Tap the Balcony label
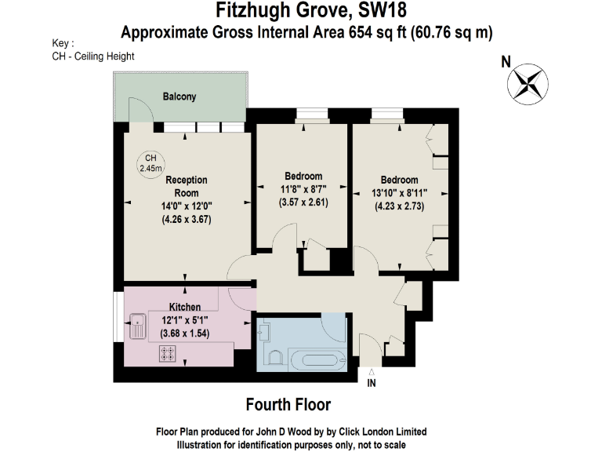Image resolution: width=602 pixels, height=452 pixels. point(180,97)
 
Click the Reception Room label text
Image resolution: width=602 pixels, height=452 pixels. point(187,186)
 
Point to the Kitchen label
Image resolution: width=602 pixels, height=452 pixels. point(185,306)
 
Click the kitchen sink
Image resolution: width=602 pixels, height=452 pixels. point(138,325)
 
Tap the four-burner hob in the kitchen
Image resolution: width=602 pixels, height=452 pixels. point(167,355)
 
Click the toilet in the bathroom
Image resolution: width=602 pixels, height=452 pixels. point(275,358)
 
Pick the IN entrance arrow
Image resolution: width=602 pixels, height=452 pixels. point(372,374)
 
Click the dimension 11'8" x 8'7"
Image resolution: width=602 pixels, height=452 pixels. point(303,188)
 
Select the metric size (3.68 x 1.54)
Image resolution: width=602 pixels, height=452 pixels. point(185,334)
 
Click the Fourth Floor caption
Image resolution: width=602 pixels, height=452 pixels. point(288,405)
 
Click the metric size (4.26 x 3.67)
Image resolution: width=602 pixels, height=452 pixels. point(187,220)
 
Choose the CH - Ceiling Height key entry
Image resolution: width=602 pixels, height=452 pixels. point(93,56)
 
